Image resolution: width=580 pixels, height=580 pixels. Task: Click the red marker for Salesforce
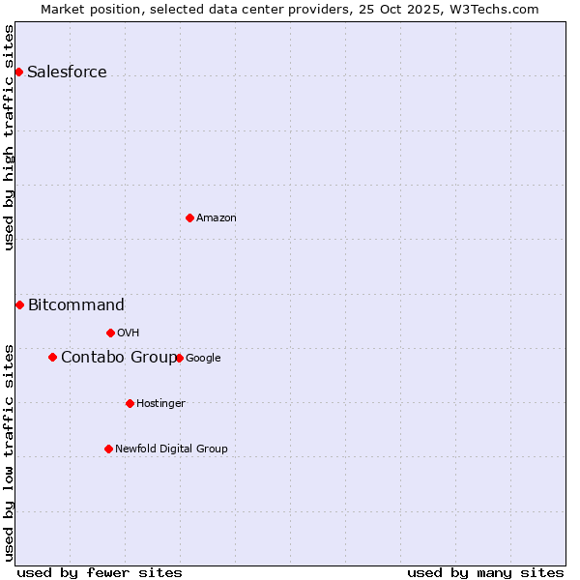(18, 72)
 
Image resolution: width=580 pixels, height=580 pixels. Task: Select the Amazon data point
(189, 217)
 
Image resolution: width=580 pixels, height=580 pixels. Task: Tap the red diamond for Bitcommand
(19, 304)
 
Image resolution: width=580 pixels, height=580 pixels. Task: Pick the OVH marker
(110, 333)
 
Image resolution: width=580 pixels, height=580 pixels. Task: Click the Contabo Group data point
(52, 357)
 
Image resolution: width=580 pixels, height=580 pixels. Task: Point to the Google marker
(179, 358)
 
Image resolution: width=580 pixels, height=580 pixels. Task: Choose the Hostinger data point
(130, 403)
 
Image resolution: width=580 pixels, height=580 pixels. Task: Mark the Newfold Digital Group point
(108, 449)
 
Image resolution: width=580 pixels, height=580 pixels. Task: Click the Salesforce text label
(67, 72)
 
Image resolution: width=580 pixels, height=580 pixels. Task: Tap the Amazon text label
(217, 218)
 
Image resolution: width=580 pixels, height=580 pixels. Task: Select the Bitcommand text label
(75, 305)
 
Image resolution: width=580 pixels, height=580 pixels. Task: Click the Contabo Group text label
(118, 358)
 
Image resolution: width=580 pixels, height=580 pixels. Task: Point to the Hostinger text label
(160, 404)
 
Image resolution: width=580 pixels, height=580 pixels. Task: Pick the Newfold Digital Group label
(171, 449)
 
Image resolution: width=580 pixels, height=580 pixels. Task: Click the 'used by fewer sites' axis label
(100, 572)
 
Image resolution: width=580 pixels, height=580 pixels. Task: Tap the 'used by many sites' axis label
(485, 572)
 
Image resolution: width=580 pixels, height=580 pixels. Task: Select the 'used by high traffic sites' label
(10, 137)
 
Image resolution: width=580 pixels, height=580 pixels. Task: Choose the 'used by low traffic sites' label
(10, 452)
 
